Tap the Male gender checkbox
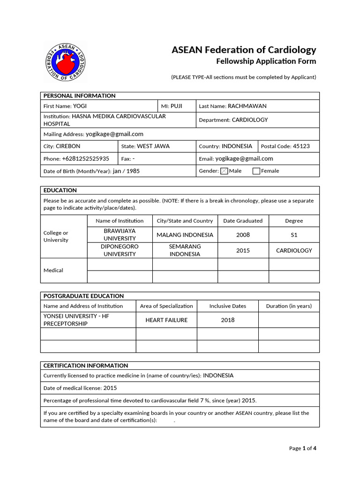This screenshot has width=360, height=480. click(x=224, y=171)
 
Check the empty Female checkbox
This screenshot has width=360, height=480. click(x=256, y=171)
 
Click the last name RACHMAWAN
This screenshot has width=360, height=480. click(x=247, y=106)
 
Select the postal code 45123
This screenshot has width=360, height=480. click(x=301, y=146)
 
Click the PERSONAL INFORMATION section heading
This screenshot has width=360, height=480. click(x=79, y=96)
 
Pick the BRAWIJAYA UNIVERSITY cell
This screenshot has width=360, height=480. click(x=120, y=235)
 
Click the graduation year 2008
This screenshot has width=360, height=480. click(x=243, y=235)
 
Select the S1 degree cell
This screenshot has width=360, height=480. click(x=294, y=235)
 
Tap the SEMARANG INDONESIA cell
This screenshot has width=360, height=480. click(x=185, y=250)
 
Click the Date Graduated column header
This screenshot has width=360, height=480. click(x=243, y=221)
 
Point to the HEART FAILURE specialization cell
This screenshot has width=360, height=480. click(x=166, y=320)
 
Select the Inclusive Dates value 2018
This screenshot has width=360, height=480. click(x=227, y=320)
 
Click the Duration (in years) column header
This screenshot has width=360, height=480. click(x=289, y=306)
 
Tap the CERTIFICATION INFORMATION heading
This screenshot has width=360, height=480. click(x=85, y=366)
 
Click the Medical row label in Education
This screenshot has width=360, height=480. click(x=53, y=270)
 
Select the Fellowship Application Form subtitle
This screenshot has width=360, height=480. click(x=266, y=61)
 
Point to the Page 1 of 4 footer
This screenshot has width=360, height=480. click(x=303, y=449)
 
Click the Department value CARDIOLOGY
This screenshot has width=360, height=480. click(x=250, y=120)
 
